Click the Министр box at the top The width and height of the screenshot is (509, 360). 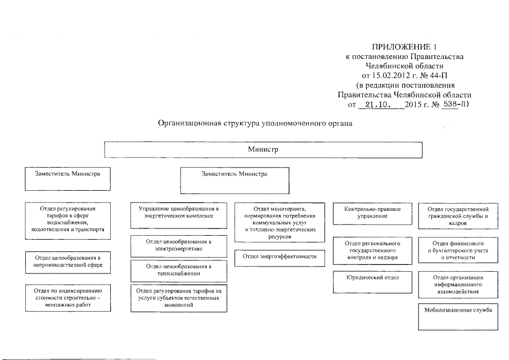tap(263, 150)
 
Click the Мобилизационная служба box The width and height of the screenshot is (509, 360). tap(458, 316)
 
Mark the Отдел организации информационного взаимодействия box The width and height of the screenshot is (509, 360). tap(458, 285)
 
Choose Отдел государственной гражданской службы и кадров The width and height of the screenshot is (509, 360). tap(458, 215)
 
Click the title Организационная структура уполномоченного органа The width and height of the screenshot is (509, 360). tap(254, 124)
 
